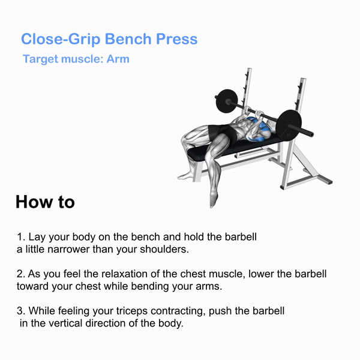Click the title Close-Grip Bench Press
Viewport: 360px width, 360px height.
(109, 39)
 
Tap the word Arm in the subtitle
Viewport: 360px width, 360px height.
(118, 59)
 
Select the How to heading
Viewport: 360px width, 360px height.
(45, 202)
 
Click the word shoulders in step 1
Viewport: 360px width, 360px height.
(164, 250)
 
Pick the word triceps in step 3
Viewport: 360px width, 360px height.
(132, 311)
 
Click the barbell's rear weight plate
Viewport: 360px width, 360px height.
(226, 101)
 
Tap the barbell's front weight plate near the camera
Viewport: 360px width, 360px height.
(289, 125)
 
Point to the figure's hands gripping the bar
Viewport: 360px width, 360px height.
(253, 112)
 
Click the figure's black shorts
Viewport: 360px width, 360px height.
(222, 133)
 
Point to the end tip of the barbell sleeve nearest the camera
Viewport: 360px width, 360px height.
(311, 134)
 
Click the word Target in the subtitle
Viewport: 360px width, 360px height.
(41, 59)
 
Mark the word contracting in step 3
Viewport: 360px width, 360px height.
(178, 311)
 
